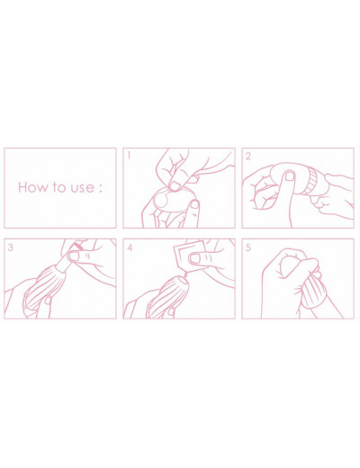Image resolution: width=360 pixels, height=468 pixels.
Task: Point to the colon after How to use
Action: click(x=101, y=188)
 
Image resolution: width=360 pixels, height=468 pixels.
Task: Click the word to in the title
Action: click(x=59, y=187)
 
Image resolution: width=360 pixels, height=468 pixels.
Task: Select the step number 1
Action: click(x=129, y=156)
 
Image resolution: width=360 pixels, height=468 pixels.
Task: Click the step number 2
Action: click(x=248, y=156)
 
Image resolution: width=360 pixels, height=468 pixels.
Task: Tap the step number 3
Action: click(x=11, y=247)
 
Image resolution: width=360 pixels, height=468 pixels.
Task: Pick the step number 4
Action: click(x=130, y=247)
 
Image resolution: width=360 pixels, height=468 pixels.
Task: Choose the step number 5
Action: click(x=248, y=247)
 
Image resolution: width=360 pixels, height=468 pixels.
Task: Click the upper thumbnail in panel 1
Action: click(x=174, y=186)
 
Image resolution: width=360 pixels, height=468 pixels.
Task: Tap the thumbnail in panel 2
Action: click(x=290, y=175)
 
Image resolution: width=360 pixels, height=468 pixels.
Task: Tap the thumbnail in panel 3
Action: click(x=73, y=256)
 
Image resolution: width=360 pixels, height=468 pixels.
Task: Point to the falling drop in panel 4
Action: click(x=185, y=274)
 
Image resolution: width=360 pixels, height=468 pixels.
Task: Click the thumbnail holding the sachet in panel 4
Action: click(x=195, y=258)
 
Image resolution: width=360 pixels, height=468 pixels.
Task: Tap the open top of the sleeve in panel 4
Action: click(x=184, y=280)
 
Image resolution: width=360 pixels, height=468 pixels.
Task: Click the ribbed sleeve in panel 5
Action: click(x=313, y=291)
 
